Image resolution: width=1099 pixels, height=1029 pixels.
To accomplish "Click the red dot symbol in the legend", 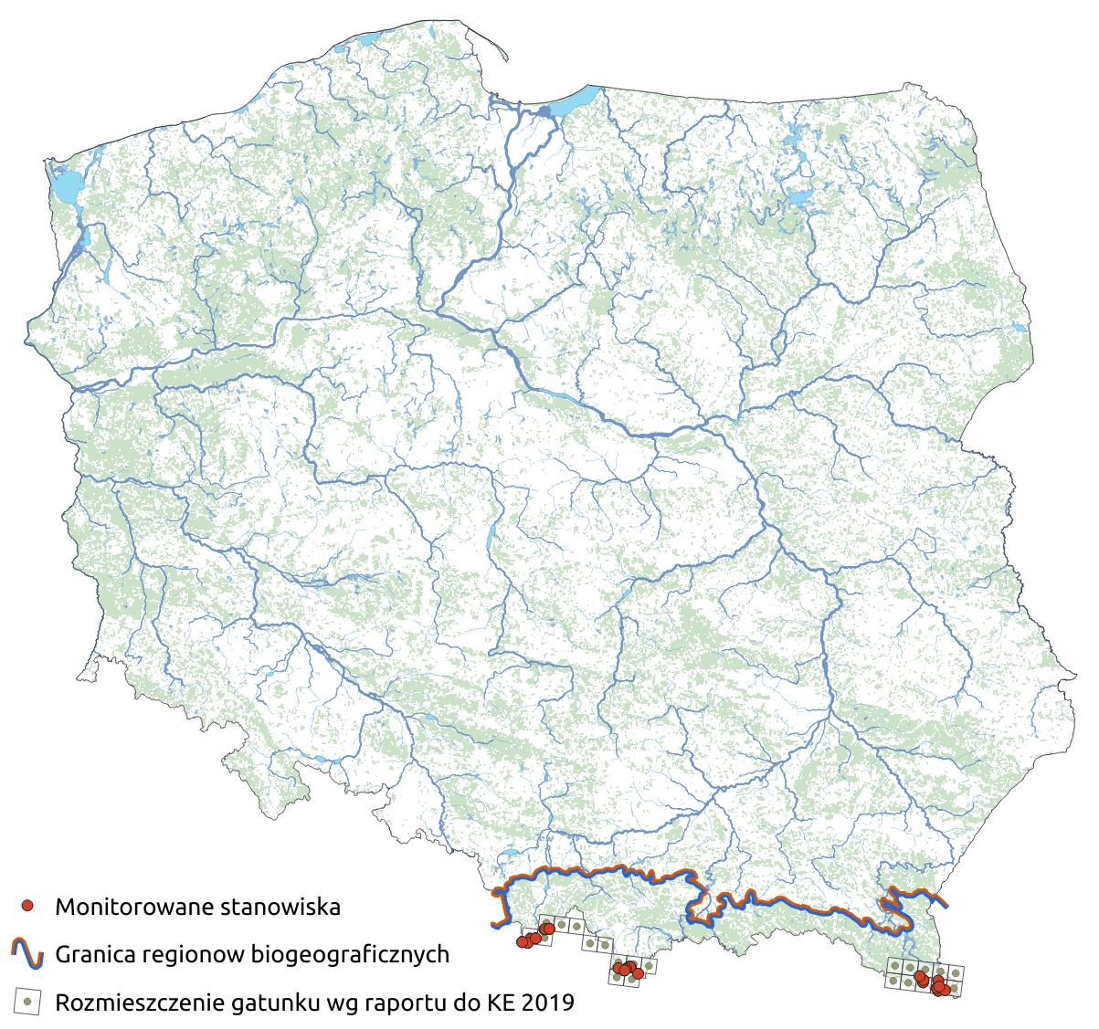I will tap(29, 907).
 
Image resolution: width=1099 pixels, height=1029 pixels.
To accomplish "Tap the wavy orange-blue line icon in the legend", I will tap(29, 954).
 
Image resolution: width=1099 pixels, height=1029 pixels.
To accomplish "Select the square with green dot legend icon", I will tap(29, 1002).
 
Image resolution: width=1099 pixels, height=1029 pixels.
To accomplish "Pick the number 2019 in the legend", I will tap(548, 1003).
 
